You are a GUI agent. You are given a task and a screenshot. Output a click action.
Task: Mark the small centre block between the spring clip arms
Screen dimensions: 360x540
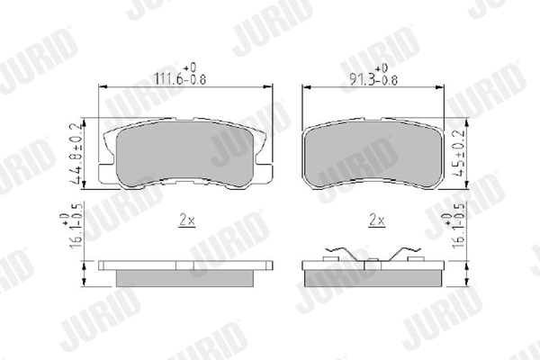(x=369, y=261)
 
